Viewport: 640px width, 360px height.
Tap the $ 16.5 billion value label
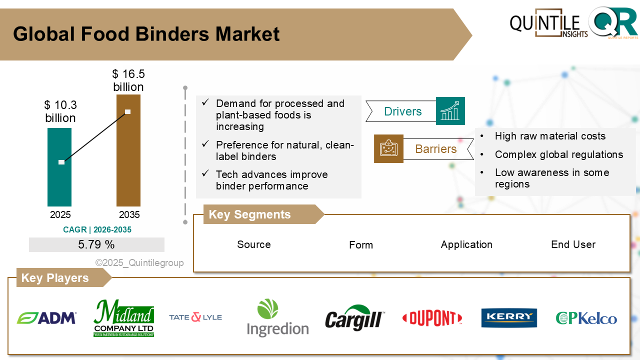128,80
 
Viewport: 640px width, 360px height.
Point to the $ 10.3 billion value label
60,111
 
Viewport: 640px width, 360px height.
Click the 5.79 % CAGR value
96,244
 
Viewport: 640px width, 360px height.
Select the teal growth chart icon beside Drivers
450,111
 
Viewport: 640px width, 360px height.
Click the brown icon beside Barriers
388,149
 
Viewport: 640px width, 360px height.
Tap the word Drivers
402,111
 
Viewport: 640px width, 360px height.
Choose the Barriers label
435,149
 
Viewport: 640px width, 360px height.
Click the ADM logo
46,318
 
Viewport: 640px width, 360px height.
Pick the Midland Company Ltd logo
123,318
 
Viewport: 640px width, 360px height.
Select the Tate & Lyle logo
195,317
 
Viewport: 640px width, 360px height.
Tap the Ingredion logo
277,318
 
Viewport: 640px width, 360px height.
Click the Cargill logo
354,318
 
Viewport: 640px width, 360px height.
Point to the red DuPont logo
432,318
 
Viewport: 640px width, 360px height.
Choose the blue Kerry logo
509,318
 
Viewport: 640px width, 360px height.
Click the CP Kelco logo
586,318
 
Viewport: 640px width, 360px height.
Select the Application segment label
466,244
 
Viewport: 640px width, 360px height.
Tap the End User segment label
573,244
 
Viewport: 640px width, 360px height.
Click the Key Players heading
55,278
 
